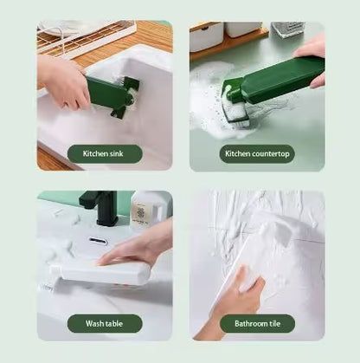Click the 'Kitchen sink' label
pyautogui.click(x=105, y=154)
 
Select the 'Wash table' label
pyautogui.click(x=105, y=324)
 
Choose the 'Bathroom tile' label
pyautogui.click(x=256, y=324)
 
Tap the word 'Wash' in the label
pyautogui.click(x=94, y=324)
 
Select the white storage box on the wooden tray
pyautogui.click(x=207, y=36)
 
